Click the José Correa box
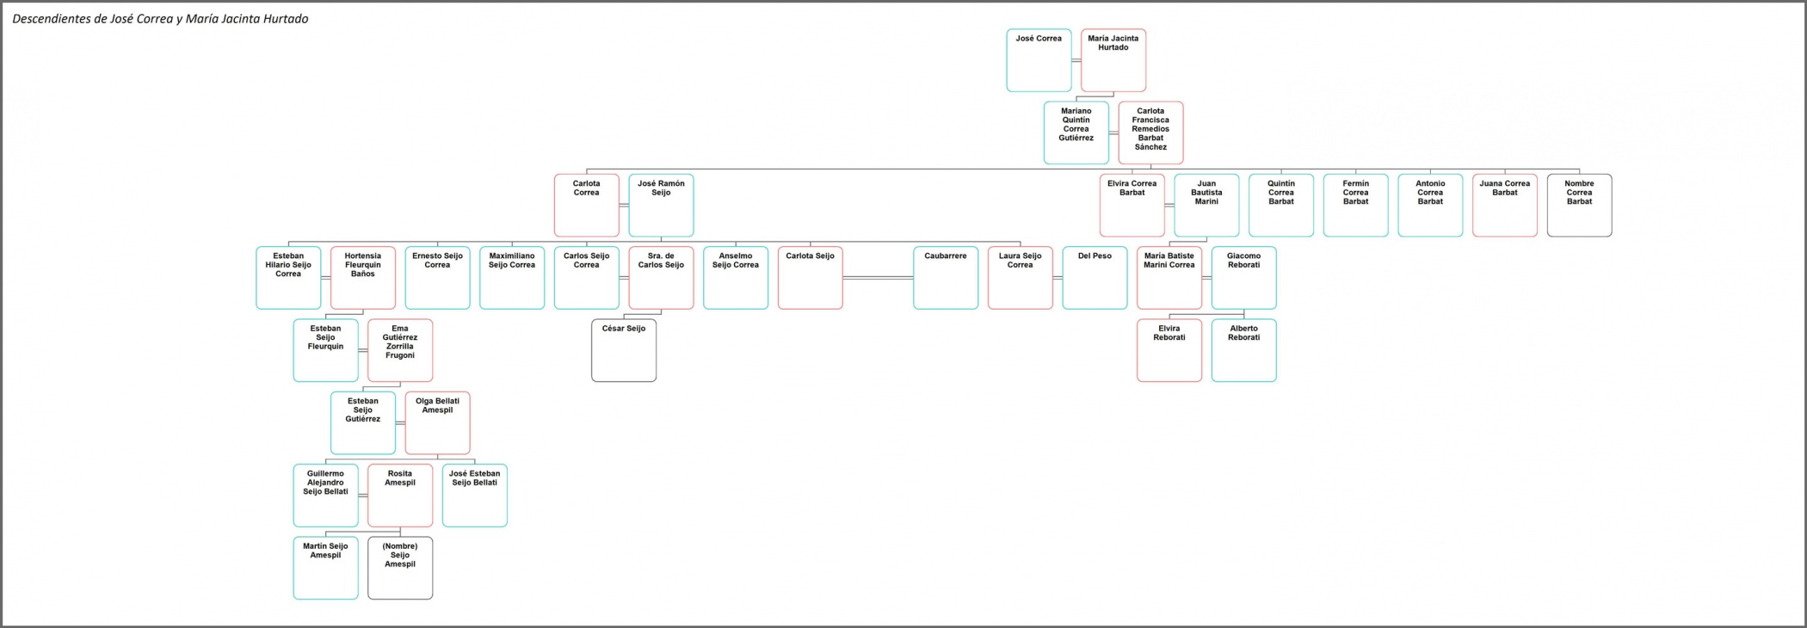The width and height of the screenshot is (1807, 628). click(x=1039, y=60)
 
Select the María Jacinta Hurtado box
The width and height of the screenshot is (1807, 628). click(x=1113, y=60)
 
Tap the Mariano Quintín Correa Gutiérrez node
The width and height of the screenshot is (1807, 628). click(x=1076, y=132)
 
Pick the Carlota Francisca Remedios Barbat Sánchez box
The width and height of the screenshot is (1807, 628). click(x=1150, y=132)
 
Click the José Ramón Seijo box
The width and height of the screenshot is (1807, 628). click(x=661, y=206)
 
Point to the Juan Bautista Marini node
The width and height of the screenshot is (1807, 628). click(x=1206, y=206)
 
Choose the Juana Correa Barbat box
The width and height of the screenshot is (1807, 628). click(x=1504, y=206)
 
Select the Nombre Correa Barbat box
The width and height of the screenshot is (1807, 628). click(x=1579, y=206)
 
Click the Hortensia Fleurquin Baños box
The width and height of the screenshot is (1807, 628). click(x=362, y=278)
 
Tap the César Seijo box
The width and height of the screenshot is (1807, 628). click(x=624, y=350)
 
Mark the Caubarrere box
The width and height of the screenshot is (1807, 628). click(x=945, y=278)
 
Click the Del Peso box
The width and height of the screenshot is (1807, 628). click(x=1095, y=278)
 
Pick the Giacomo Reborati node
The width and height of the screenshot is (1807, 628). click(x=1243, y=278)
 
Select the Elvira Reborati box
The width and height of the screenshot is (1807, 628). click(x=1169, y=350)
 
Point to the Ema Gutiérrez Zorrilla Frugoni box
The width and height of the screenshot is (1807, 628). click(x=400, y=350)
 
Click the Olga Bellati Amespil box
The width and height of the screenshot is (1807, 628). click(x=437, y=423)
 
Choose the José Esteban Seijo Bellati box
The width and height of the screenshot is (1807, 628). click(x=474, y=496)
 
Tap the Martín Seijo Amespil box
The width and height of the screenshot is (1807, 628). click(x=325, y=568)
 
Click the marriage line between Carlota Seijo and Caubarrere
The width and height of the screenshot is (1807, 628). click(x=878, y=278)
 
